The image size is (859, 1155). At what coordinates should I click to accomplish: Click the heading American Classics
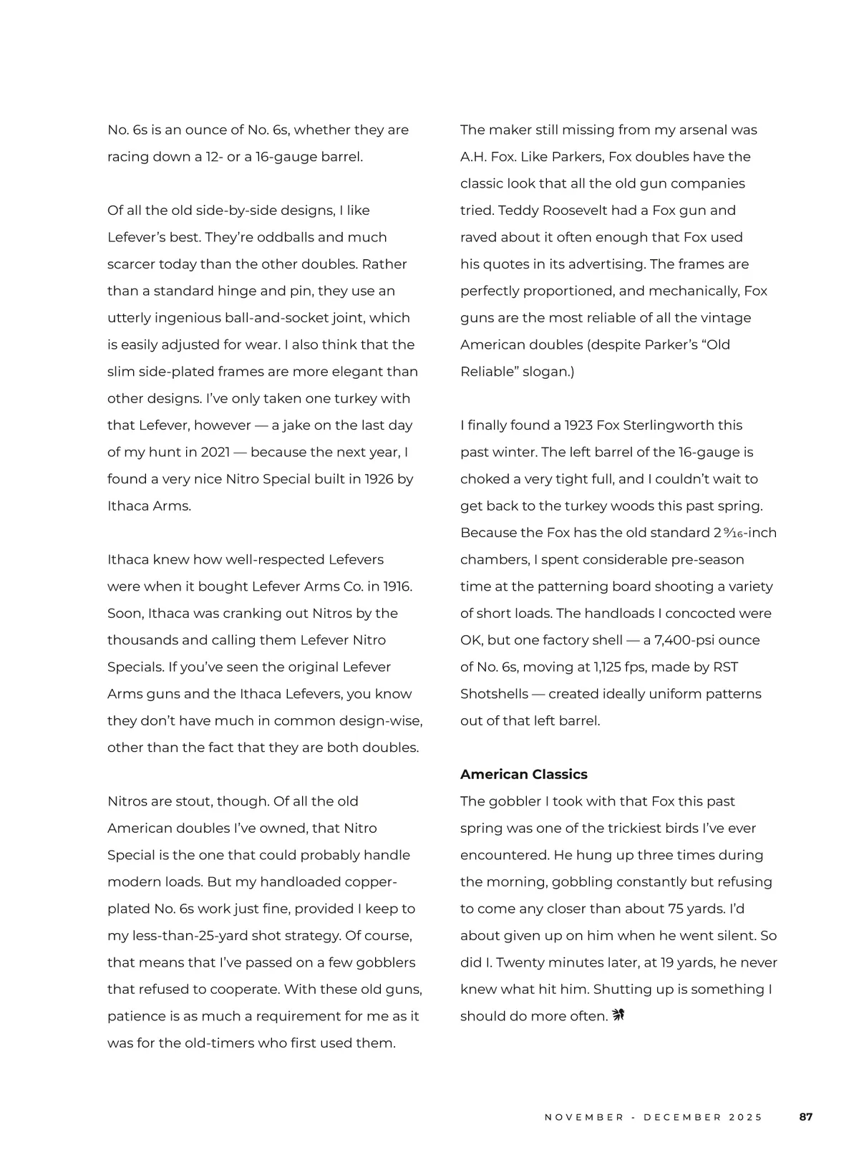523,774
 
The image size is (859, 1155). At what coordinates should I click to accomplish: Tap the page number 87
806,1117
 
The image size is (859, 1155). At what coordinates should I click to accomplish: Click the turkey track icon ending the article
618,1015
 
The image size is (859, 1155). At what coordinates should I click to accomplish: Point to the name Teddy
517,211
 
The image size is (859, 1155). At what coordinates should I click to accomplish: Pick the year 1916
398,586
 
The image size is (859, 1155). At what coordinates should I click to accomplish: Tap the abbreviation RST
725,667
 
